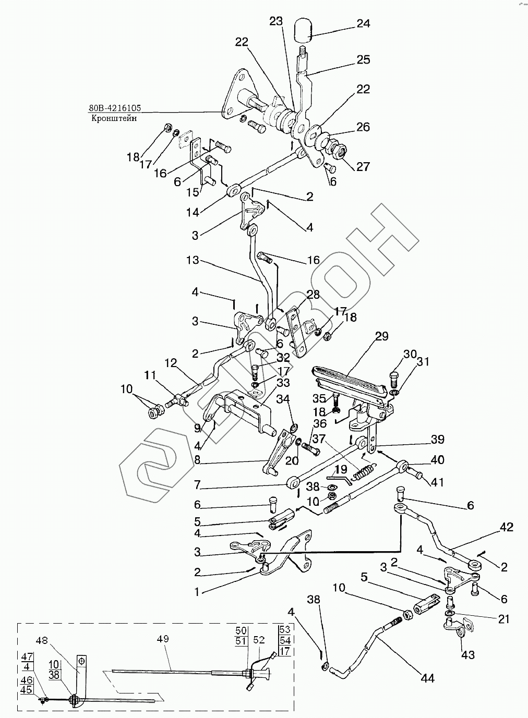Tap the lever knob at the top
point(303,30)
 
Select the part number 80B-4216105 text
point(114,108)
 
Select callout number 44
point(427,678)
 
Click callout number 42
point(506,527)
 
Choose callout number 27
point(363,166)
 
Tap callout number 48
point(42,640)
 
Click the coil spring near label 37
point(363,474)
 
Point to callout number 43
point(468,654)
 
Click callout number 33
point(283,383)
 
